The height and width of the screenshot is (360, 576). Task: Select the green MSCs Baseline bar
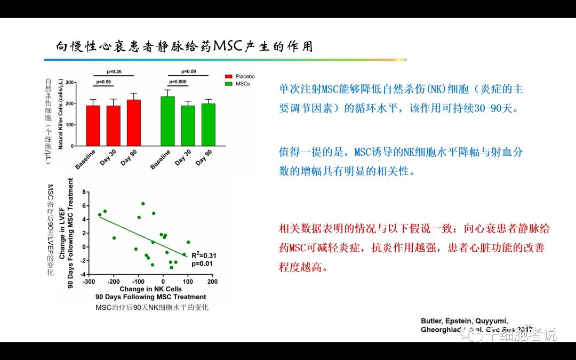168,121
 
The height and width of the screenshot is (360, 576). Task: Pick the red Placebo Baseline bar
93,126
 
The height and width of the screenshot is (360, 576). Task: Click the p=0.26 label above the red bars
114,71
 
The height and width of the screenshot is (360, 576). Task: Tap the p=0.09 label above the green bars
188,71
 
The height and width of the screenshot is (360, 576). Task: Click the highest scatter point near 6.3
143,204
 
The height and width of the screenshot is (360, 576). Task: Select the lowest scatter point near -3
171,267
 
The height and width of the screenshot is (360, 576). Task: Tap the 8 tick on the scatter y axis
84,191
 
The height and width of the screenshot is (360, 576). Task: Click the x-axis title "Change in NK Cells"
150,289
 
